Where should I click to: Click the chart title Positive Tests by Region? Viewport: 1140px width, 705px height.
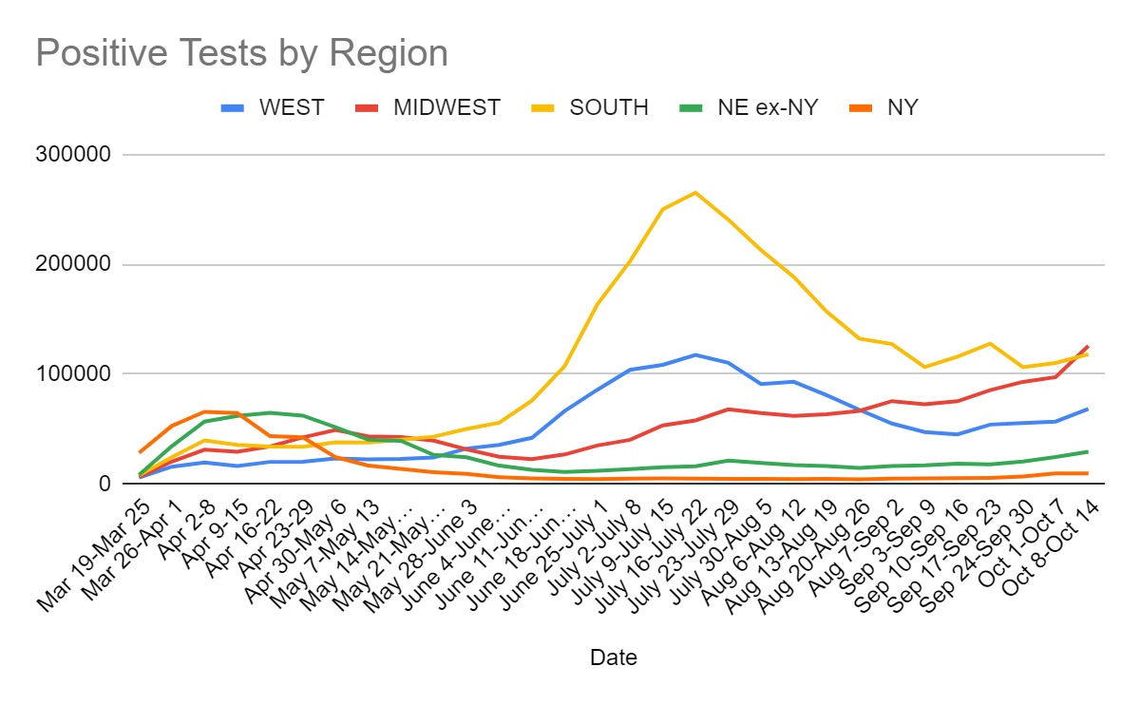(241, 53)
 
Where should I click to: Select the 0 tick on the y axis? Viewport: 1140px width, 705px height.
(105, 484)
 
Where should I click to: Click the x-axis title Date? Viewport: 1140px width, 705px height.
(613, 657)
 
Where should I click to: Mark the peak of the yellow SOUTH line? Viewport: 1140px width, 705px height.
(695, 193)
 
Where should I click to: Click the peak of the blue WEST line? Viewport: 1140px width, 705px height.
(695, 354)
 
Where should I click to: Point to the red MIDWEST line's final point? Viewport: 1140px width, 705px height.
(1088, 347)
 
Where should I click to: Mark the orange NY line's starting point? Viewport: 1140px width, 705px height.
(140, 452)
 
